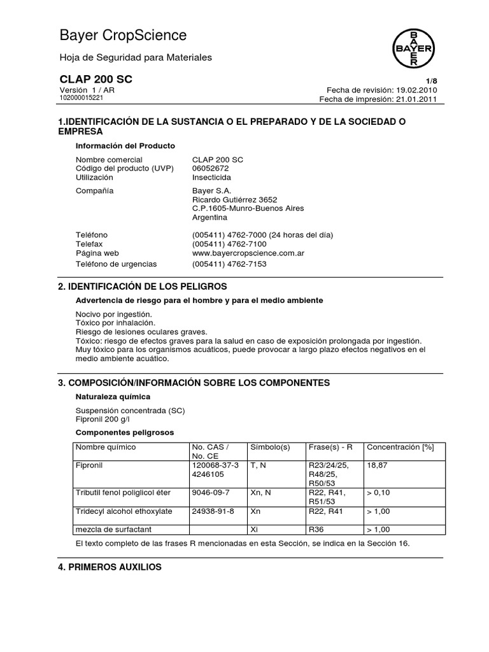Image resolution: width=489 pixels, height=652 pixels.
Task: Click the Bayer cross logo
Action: click(x=413, y=47)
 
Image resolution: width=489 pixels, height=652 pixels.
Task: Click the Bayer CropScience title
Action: click(x=123, y=35)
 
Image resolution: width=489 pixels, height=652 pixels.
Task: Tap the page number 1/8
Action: click(x=431, y=81)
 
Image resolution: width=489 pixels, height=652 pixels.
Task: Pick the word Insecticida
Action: click(x=211, y=177)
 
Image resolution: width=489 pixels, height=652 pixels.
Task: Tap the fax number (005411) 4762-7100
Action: click(x=229, y=244)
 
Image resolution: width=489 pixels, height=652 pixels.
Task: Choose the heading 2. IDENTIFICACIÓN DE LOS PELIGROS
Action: click(x=142, y=287)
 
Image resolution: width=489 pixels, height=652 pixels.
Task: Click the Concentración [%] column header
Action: click(x=400, y=447)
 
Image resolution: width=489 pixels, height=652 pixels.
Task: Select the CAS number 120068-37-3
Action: click(x=215, y=465)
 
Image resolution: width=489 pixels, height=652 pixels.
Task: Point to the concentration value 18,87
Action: click(x=377, y=465)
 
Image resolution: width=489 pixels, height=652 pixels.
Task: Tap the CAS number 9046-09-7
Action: click(x=211, y=492)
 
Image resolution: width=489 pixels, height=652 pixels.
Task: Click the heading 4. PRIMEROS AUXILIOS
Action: click(x=110, y=567)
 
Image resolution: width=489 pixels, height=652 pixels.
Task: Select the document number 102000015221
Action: click(x=82, y=98)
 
